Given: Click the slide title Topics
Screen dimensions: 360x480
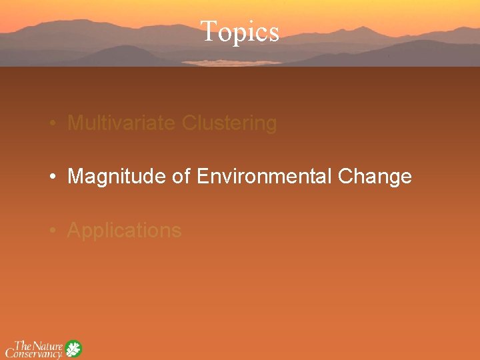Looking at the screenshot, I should click(x=239, y=31).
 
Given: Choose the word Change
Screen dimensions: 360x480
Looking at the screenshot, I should click(x=375, y=177).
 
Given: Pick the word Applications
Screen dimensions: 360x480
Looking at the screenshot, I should click(x=124, y=231).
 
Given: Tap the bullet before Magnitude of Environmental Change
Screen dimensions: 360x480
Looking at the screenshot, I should click(x=52, y=177).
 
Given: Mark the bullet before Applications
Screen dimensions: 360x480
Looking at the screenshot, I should click(x=52, y=231).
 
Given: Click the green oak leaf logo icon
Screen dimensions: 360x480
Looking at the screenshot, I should click(x=73, y=349).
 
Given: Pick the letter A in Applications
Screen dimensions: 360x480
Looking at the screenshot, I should click(x=74, y=230).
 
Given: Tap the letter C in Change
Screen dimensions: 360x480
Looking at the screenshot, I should click(x=346, y=177).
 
